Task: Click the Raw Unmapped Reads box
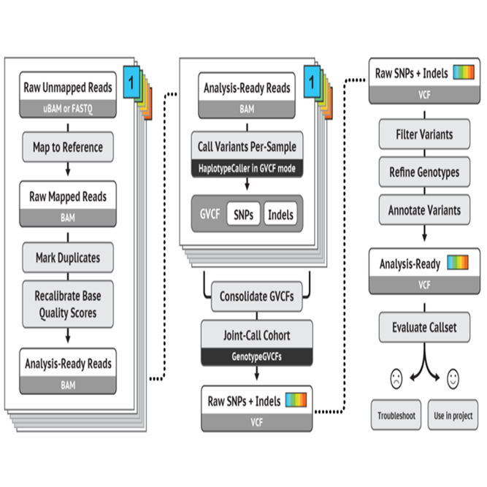pos(68,94)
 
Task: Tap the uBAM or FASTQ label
pos(68,109)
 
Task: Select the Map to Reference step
pos(68,147)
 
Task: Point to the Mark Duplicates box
pos(68,258)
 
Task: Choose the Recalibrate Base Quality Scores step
pos(68,304)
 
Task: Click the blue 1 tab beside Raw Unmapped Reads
pos(131,82)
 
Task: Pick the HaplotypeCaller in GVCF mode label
pos(247,169)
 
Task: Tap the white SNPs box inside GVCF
pos(244,214)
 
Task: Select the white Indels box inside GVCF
pos(280,214)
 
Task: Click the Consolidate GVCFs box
pos(256,296)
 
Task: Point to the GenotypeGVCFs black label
pos(256,356)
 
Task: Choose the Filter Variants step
pos(424,134)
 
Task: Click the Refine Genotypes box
pos(424,172)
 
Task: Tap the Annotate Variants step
pos(424,210)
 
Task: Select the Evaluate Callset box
pos(424,327)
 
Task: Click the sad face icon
pos(396,379)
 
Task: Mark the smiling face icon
pos(453,379)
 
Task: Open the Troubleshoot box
pos(396,415)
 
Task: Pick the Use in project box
pos(453,415)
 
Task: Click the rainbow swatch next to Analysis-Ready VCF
pos(458,262)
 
